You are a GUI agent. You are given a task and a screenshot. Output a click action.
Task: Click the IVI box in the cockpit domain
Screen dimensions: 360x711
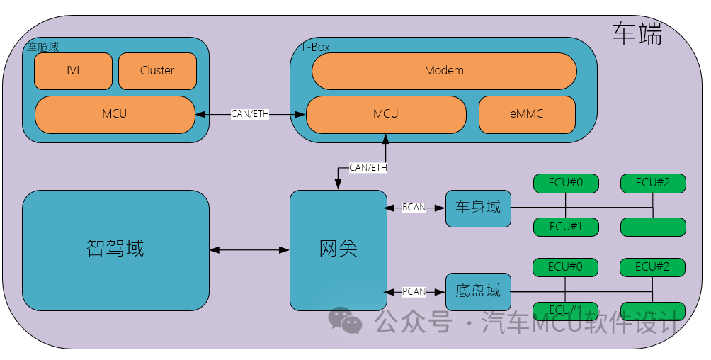click(73, 71)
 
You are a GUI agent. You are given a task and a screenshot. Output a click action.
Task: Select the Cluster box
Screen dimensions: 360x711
click(157, 71)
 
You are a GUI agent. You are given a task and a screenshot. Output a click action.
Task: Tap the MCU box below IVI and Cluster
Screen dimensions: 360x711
click(115, 114)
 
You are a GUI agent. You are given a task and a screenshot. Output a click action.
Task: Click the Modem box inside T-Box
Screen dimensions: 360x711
click(444, 70)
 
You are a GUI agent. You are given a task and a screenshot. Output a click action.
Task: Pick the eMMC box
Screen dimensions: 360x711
click(527, 114)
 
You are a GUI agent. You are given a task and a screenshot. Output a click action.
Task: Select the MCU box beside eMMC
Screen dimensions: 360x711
click(386, 114)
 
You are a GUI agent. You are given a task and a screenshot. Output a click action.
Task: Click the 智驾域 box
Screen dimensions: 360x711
click(115, 249)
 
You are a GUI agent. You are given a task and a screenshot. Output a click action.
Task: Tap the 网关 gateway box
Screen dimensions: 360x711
click(339, 249)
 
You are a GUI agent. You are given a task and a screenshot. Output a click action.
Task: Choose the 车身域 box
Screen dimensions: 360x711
click(478, 208)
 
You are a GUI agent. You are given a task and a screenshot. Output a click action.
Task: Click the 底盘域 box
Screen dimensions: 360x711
click(478, 291)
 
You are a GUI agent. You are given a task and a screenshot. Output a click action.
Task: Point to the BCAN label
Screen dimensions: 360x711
click(414, 208)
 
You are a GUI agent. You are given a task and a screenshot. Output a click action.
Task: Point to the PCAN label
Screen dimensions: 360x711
click(414, 291)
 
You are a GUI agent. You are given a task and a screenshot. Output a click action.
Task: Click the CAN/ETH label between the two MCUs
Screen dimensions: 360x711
click(250, 114)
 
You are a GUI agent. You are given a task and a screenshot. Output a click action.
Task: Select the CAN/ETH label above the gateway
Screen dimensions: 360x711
click(368, 168)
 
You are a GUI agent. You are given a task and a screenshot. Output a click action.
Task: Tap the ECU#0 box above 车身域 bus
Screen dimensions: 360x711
click(566, 183)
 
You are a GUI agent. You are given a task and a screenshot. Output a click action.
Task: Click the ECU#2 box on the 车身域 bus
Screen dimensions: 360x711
click(653, 183)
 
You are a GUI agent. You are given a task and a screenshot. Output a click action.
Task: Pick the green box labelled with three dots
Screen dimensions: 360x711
click(653, 227)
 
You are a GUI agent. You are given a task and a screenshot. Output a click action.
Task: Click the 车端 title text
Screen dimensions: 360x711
click(637, 34)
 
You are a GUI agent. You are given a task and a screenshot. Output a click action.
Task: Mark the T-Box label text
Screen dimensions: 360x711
click(315, 47)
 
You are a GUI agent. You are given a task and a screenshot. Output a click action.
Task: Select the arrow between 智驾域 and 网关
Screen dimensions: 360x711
click(249, 249)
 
